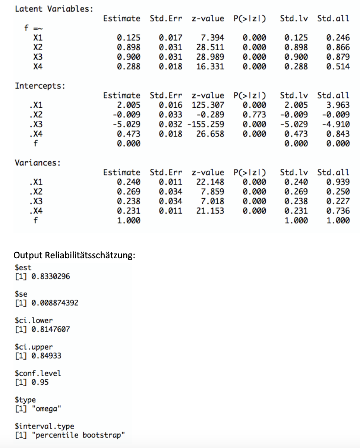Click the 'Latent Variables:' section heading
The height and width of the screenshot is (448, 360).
click(54, 9)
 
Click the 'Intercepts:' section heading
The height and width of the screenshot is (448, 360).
click(40, 86)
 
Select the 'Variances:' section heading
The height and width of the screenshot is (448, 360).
click(37, 163)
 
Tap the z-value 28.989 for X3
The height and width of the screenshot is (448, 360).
click(210, 57)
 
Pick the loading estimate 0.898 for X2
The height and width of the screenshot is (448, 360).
click(129, 47)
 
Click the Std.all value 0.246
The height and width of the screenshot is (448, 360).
click(338, 38)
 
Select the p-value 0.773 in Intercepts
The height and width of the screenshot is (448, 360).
click(255, 115)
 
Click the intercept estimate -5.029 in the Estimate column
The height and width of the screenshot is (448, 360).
click(126, 124)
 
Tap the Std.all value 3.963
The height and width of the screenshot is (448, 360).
click(338, 105)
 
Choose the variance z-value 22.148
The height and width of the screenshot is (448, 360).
click(210, 182)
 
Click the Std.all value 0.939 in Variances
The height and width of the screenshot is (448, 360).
click(338, 182)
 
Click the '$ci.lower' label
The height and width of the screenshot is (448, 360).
click(34, 321)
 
